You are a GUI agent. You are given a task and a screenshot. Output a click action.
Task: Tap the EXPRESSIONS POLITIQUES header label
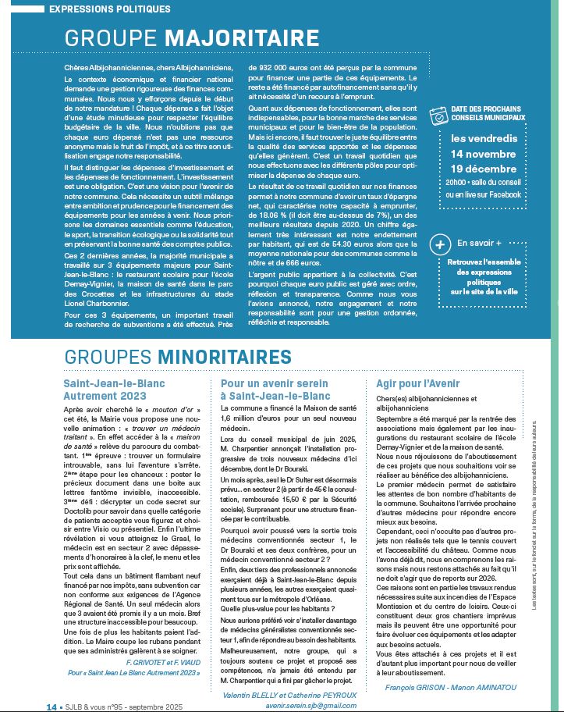coord(109,9)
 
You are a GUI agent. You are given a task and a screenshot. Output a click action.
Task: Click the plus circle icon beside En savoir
coord(440,244)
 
